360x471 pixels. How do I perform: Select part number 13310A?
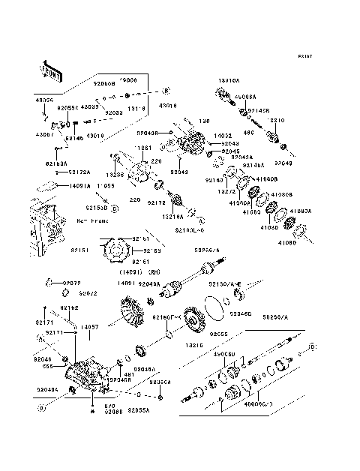[229, 79]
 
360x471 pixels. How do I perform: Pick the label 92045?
[231, 151]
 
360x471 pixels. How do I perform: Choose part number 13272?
[227, 191]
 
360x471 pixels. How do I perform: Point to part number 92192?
[70, 308]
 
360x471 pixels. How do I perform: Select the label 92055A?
[139, 411]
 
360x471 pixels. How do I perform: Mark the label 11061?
[145, 148]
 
